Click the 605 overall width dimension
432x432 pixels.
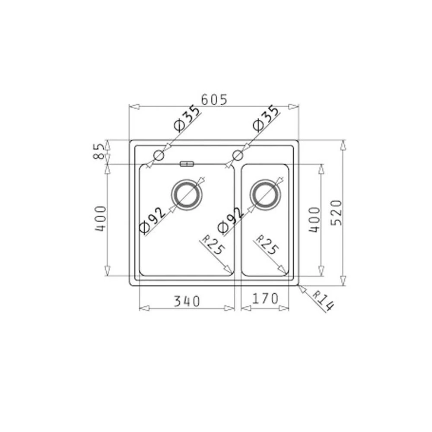pos(214,100)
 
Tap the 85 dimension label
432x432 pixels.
pos(99,152)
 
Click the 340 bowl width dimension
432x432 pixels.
pos(187,301)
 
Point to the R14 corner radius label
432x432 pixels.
pos(323,301)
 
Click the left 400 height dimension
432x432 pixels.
pos(100,219)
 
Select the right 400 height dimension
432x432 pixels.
pos(314,219)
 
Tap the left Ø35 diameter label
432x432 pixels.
pos(187,119)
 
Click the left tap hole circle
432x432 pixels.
pos(159,155)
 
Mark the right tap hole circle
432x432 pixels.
pos(238,155)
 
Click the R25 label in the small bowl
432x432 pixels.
pos(267,245)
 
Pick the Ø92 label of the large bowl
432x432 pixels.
pos(152,220)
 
